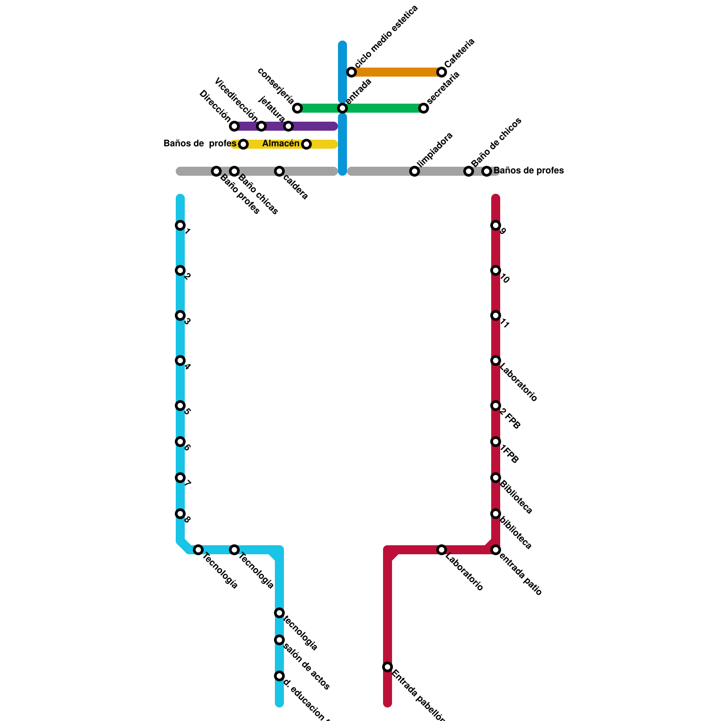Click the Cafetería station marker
(x=442, y=72)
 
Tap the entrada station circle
(x=342, y=108)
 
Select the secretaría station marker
(x=424, y=108)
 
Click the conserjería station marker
(x=297, y=108)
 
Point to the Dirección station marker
(x=234, y=126)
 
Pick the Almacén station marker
(x=306, y=144)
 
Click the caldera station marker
(x=279, y=171)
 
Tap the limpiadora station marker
(x=415, y=171)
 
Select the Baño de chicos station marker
(x=469, y=171)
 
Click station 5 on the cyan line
(x=180, y=406)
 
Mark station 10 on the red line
(x=496, y=270)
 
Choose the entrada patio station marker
(x=496, y=550)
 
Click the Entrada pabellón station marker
(x=388, y=667)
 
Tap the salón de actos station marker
(x=279, y=640)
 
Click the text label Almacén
(x=281, y=144)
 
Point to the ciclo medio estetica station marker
(x=351, y=72)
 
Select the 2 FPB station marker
(x=496, y=406)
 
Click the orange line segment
(x=397, y=72)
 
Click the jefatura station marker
(x=288, y=126)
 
